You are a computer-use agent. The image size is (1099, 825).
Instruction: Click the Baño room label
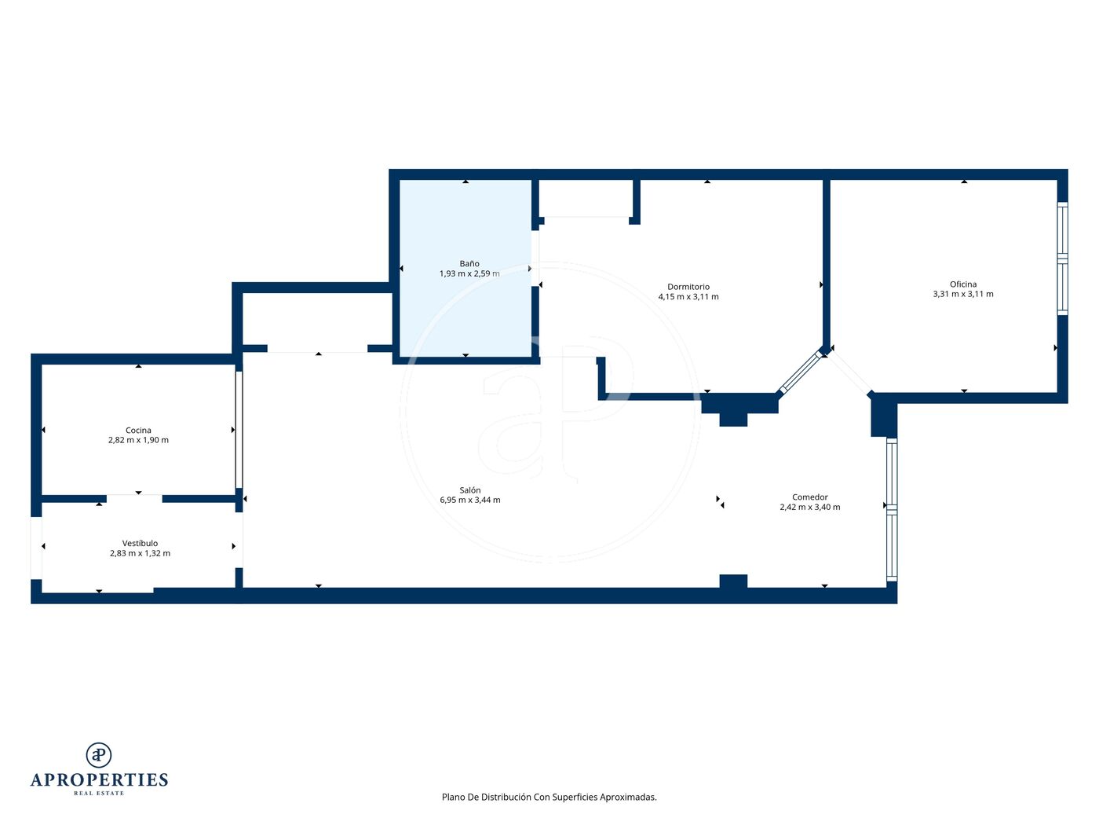pyautogui.click(x=469, y=263)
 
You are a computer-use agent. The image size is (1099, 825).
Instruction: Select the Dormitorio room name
pyautogui.click(x=688, y=287)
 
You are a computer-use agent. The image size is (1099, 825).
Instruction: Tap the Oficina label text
pyautogui.click(x=963, y=284)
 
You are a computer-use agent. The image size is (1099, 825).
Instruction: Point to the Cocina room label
pyautogui.click(x=138, y=430)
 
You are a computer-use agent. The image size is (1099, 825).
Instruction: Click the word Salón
pyautogui.click(x=469, y=489)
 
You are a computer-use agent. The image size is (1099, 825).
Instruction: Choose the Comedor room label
pyautogui.click(x=809, y=497)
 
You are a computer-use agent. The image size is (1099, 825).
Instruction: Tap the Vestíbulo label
pyautogui.click(x=140, y=543)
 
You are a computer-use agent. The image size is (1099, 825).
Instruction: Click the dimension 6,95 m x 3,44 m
pyautogui.click(x=469, y=500)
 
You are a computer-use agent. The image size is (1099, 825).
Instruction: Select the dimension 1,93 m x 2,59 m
pyautogui.click(x=469, y=273)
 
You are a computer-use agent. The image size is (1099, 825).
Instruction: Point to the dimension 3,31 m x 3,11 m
pyautogui.click(x=963, y=294)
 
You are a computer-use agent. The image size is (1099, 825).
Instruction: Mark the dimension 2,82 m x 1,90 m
pyautogui.click(x=138, y=440)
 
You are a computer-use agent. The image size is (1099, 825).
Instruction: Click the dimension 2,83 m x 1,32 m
pyautogui.click(x=140, y=553)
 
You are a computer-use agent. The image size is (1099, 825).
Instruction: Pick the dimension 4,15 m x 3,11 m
pyautogui.click(x=688, y=296)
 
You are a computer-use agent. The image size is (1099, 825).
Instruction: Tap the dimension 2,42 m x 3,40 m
pyautogui.click(x=809, y=507)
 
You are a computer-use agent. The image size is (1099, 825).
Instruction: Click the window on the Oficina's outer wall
pyautogui.click(x=1062, y=258)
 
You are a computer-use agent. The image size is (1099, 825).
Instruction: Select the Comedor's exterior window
pyautogui.click(x=892, y=509)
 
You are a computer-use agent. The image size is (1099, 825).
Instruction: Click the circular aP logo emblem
pyautogui.click(x=99, y=755)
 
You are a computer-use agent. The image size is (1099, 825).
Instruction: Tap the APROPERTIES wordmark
pyautogui.click(x=99, y=780)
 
